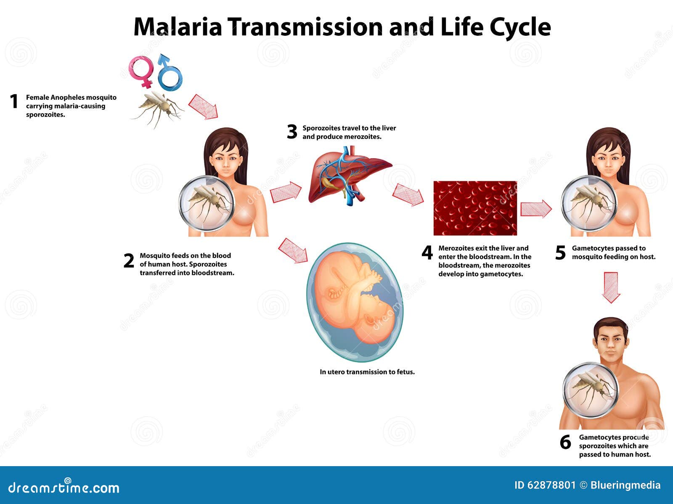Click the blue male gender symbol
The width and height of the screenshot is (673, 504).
coord(170,74)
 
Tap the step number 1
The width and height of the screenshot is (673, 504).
coord(14,101)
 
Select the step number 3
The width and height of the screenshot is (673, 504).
coord(292,132)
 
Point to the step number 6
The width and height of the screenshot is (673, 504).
coord(565,442)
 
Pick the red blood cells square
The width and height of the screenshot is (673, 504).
coord(475,208)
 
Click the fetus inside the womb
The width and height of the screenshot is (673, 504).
coord(354,301)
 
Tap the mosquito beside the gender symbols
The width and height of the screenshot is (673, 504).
coord(158,107)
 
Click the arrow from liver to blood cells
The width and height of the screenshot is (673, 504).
coord(408,195)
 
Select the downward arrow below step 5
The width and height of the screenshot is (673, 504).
coord(611,287)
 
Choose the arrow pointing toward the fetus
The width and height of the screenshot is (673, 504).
coord(293,250)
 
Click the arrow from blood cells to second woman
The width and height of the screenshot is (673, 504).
coord(536,209)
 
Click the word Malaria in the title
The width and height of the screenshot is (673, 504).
coord(178,27)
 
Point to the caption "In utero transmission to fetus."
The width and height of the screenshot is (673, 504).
coord(367,372)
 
